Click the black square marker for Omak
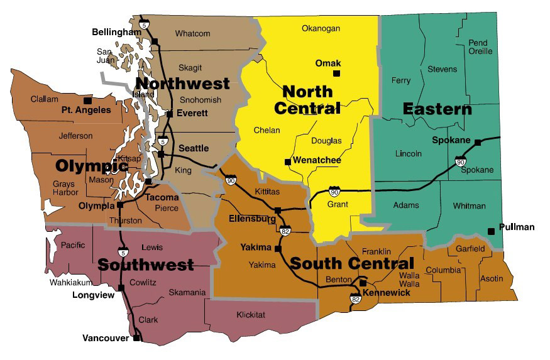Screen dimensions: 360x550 336,74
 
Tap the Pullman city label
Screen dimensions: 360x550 516,227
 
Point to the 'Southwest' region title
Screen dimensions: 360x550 146,265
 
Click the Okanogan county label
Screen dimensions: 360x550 321,28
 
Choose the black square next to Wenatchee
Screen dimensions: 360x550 288,161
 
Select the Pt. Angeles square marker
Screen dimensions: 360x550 87,101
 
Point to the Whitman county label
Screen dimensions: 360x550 469,205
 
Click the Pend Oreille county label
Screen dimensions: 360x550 480,47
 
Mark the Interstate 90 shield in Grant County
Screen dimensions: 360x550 335,190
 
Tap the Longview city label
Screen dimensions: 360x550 94,293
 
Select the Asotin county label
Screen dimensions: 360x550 492,278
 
